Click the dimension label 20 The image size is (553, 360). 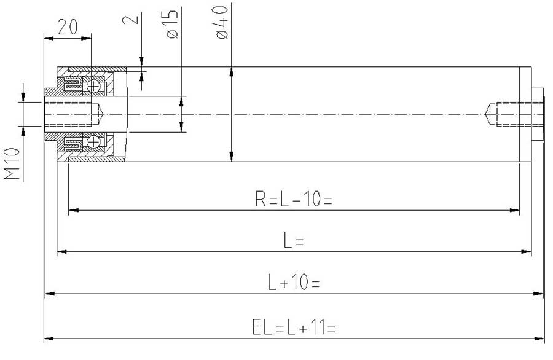(x=68, y=27)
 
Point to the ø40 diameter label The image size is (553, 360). (x=222, y=22)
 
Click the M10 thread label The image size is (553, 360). (x=12, y=163)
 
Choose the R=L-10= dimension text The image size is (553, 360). (x=294, y=199)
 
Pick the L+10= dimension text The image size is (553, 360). (x=294, y=282)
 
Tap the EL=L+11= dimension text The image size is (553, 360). (x=294, y=327)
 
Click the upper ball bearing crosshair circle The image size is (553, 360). (x=94, y=86)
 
